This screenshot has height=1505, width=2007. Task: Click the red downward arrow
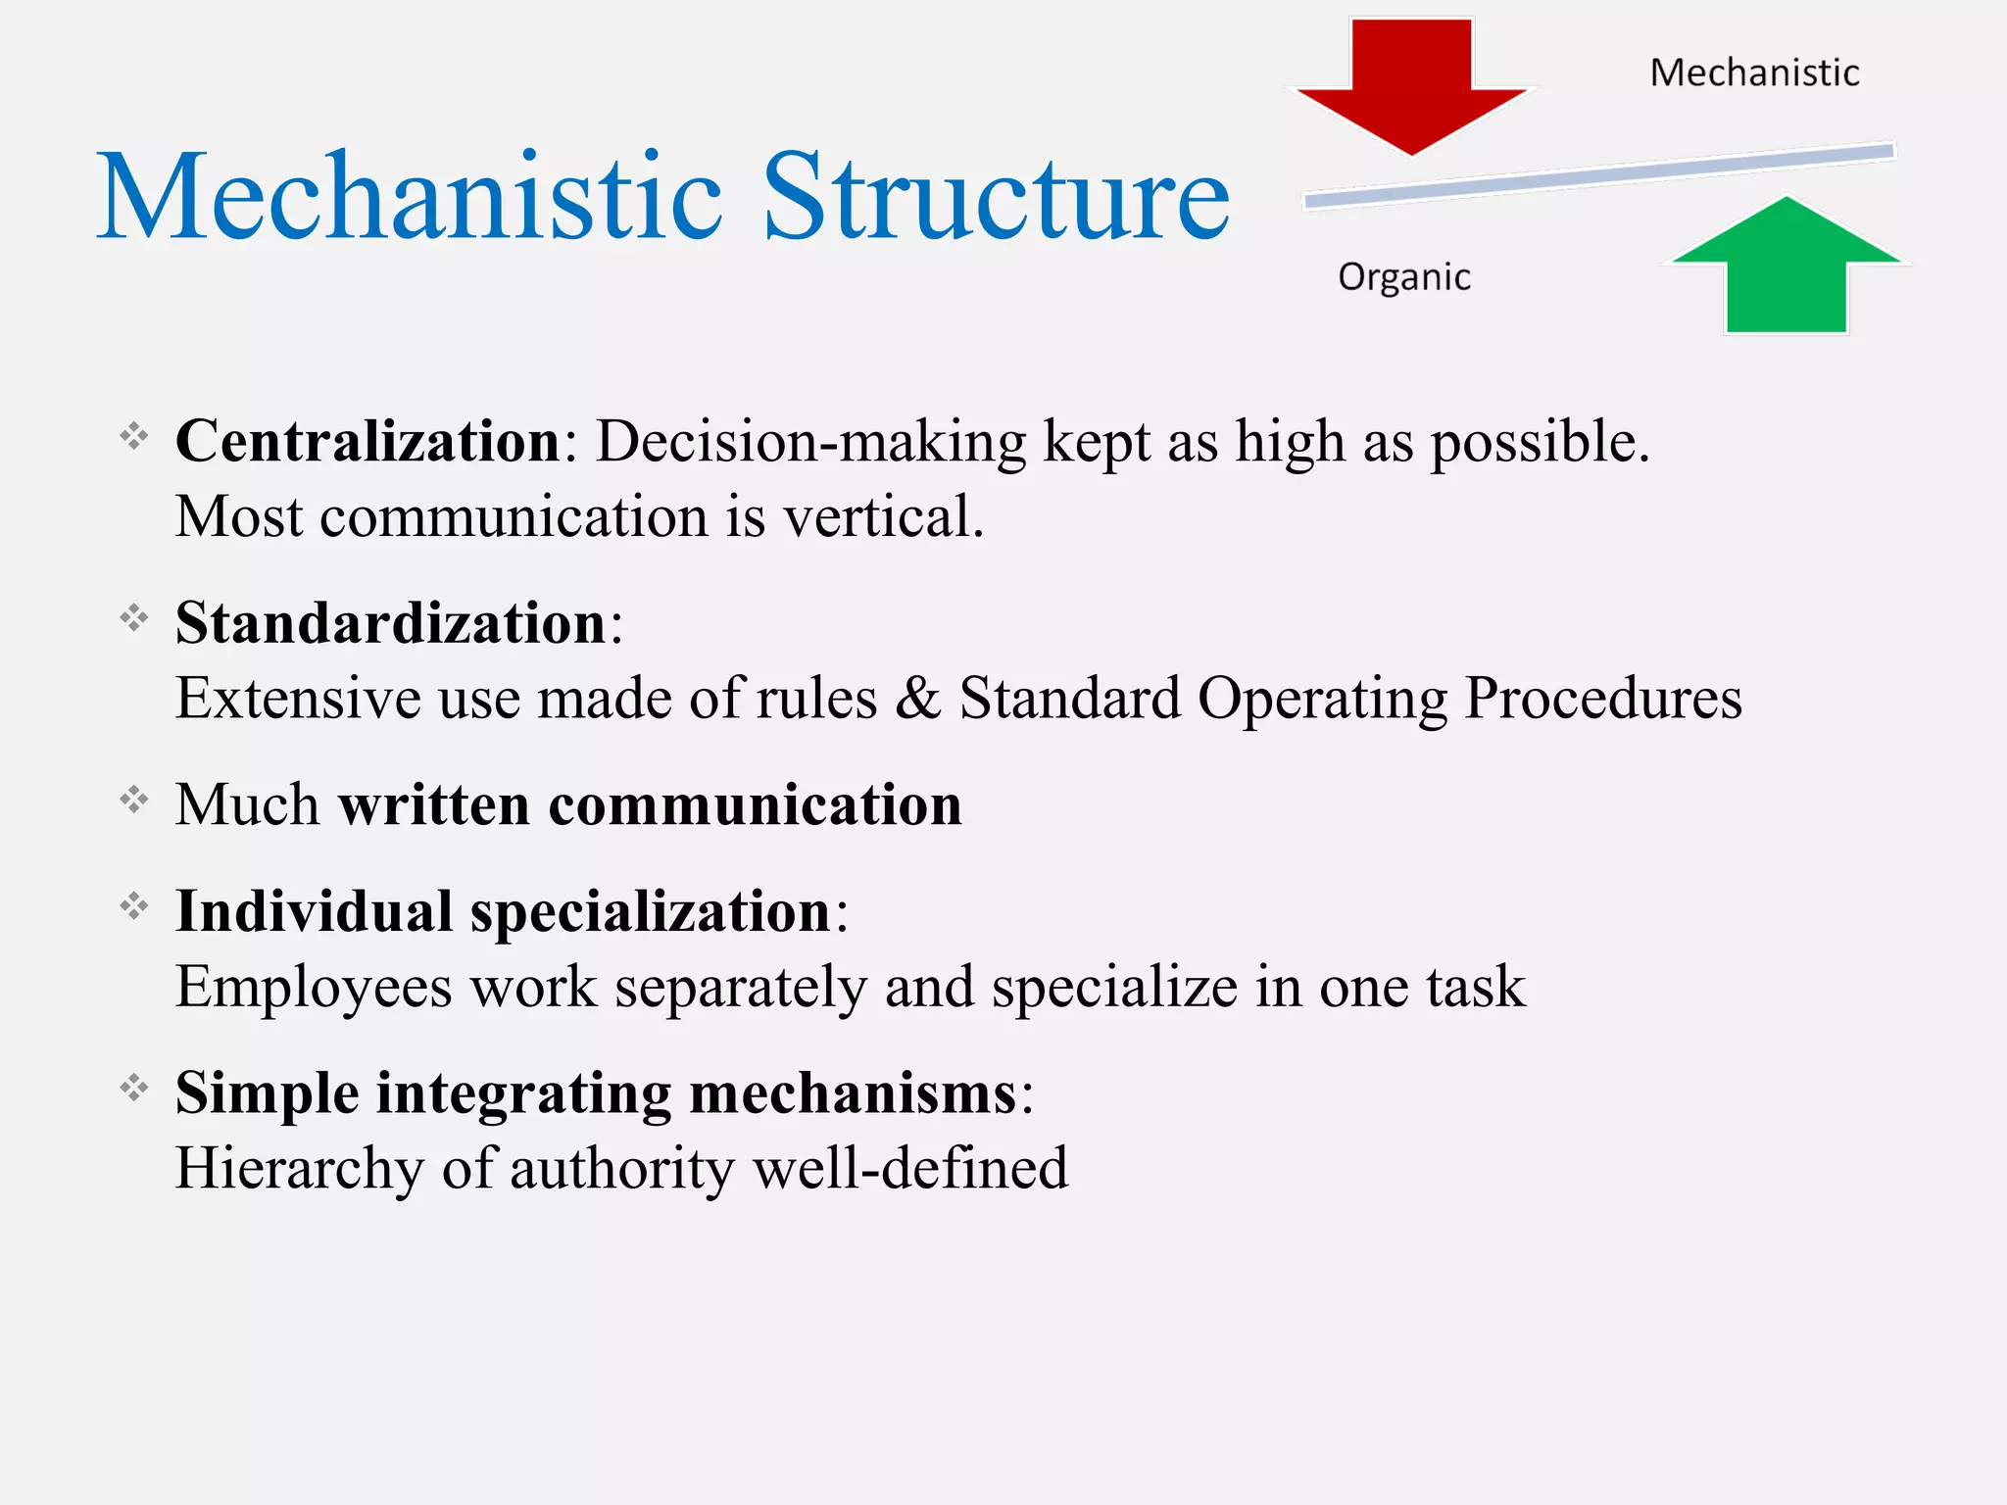coord(1411,88)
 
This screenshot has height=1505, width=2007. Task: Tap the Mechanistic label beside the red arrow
coord(1754,73)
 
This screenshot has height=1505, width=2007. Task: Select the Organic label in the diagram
coord(1404,277)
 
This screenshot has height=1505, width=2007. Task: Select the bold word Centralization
coord(367,441)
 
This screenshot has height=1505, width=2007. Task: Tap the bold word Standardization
coord(391,623)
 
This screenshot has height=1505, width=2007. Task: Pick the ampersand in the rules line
coord(918,699)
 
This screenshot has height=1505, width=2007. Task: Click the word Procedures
coord(1603,699)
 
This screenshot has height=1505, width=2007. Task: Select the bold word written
coord(434,805)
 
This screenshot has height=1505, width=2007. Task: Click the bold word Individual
coord(314,911)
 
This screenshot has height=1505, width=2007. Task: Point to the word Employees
coord(314,988)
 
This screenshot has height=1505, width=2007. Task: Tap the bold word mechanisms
coord(854,1092)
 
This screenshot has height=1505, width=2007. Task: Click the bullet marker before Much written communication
coord(134,801)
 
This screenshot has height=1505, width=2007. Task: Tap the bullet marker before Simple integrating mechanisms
coord(134,1088)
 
